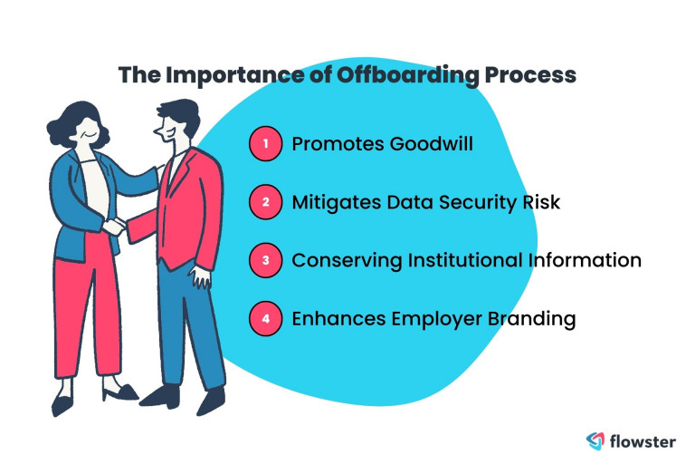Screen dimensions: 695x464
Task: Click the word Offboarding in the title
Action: tap(408, 75)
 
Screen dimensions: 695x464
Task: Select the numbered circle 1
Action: tap(265, 143)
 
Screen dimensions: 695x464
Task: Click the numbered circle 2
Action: tap(265, 202)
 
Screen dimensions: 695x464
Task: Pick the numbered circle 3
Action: tap(265, 260)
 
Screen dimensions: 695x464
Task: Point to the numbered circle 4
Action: tap(265, 318)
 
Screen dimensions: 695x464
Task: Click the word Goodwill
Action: tap(432, 144)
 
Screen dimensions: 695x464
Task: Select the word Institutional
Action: tap(465, 260)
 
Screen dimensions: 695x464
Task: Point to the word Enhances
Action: tap(338, 319)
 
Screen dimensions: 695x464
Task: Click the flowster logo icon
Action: tap(595, 440)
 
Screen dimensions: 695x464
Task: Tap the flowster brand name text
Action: tap(643, 441)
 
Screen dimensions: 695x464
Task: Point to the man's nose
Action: tap(157, 130)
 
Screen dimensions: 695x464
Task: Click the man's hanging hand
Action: tap(200, 277)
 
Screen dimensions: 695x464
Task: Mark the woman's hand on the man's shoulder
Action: tap(159, 172)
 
